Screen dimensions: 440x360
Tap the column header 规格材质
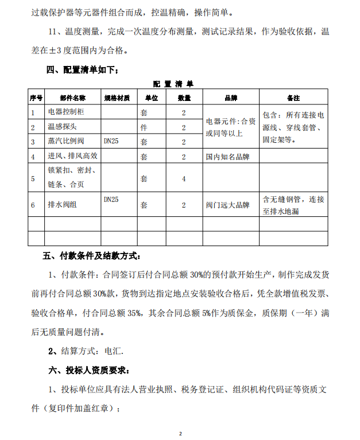click(118, 98)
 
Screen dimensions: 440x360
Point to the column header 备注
click(294, 98)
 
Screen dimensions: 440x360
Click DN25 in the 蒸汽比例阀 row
click(111, 141)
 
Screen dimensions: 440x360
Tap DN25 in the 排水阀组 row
click(111, 199)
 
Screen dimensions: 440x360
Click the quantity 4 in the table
click(184, 179)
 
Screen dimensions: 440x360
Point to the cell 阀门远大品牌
click(228, 205)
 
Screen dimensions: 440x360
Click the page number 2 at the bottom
click(180, 433)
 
